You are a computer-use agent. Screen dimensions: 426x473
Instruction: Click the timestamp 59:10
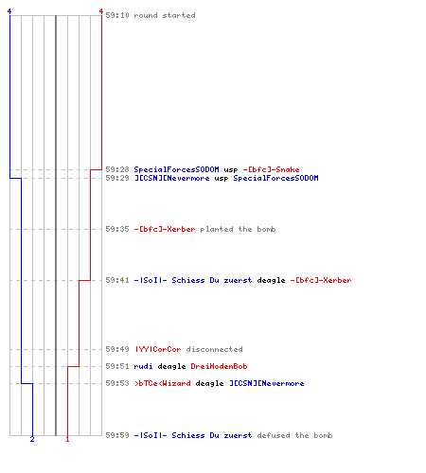(x=117, y=15)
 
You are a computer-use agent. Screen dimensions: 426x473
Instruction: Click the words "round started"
(x=165, y=15)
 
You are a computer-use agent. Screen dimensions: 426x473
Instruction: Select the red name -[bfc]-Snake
(x=271, y=169)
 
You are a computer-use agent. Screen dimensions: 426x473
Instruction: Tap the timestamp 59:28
(x=117, y=169)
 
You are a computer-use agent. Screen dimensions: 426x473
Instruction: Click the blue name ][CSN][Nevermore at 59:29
(x=172, y=178)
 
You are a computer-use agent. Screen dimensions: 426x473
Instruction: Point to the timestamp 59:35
(x=117, y=229)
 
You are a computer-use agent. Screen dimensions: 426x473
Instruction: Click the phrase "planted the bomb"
(x=238, y=229)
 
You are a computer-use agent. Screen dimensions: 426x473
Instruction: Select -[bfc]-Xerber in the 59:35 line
(x=165, y=229)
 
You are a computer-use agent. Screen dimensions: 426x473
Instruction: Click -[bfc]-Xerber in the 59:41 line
(x=321, y=280)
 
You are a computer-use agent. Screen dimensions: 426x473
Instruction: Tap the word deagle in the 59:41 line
(x=271, y=280)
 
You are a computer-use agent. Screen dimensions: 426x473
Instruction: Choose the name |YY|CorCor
(x=158, y=349)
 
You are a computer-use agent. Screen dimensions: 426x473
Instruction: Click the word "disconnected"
(x=214, y=349)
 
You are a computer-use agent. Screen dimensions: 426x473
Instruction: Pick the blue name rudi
(x=143, y=366)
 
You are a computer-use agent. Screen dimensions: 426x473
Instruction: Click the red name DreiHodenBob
(x=219, y=366)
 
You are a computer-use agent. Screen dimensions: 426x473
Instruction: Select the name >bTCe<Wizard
(x=163, y=383)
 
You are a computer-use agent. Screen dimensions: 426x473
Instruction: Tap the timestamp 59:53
(x=117, y=383)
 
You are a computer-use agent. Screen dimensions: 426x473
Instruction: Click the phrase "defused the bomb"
(x=294, y=435)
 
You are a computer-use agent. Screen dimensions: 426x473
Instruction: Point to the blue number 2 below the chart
(x=32, y=439)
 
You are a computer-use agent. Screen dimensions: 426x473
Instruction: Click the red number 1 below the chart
(x=67, y=439)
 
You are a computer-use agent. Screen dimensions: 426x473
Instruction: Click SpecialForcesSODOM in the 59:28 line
(x=176, y=169)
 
